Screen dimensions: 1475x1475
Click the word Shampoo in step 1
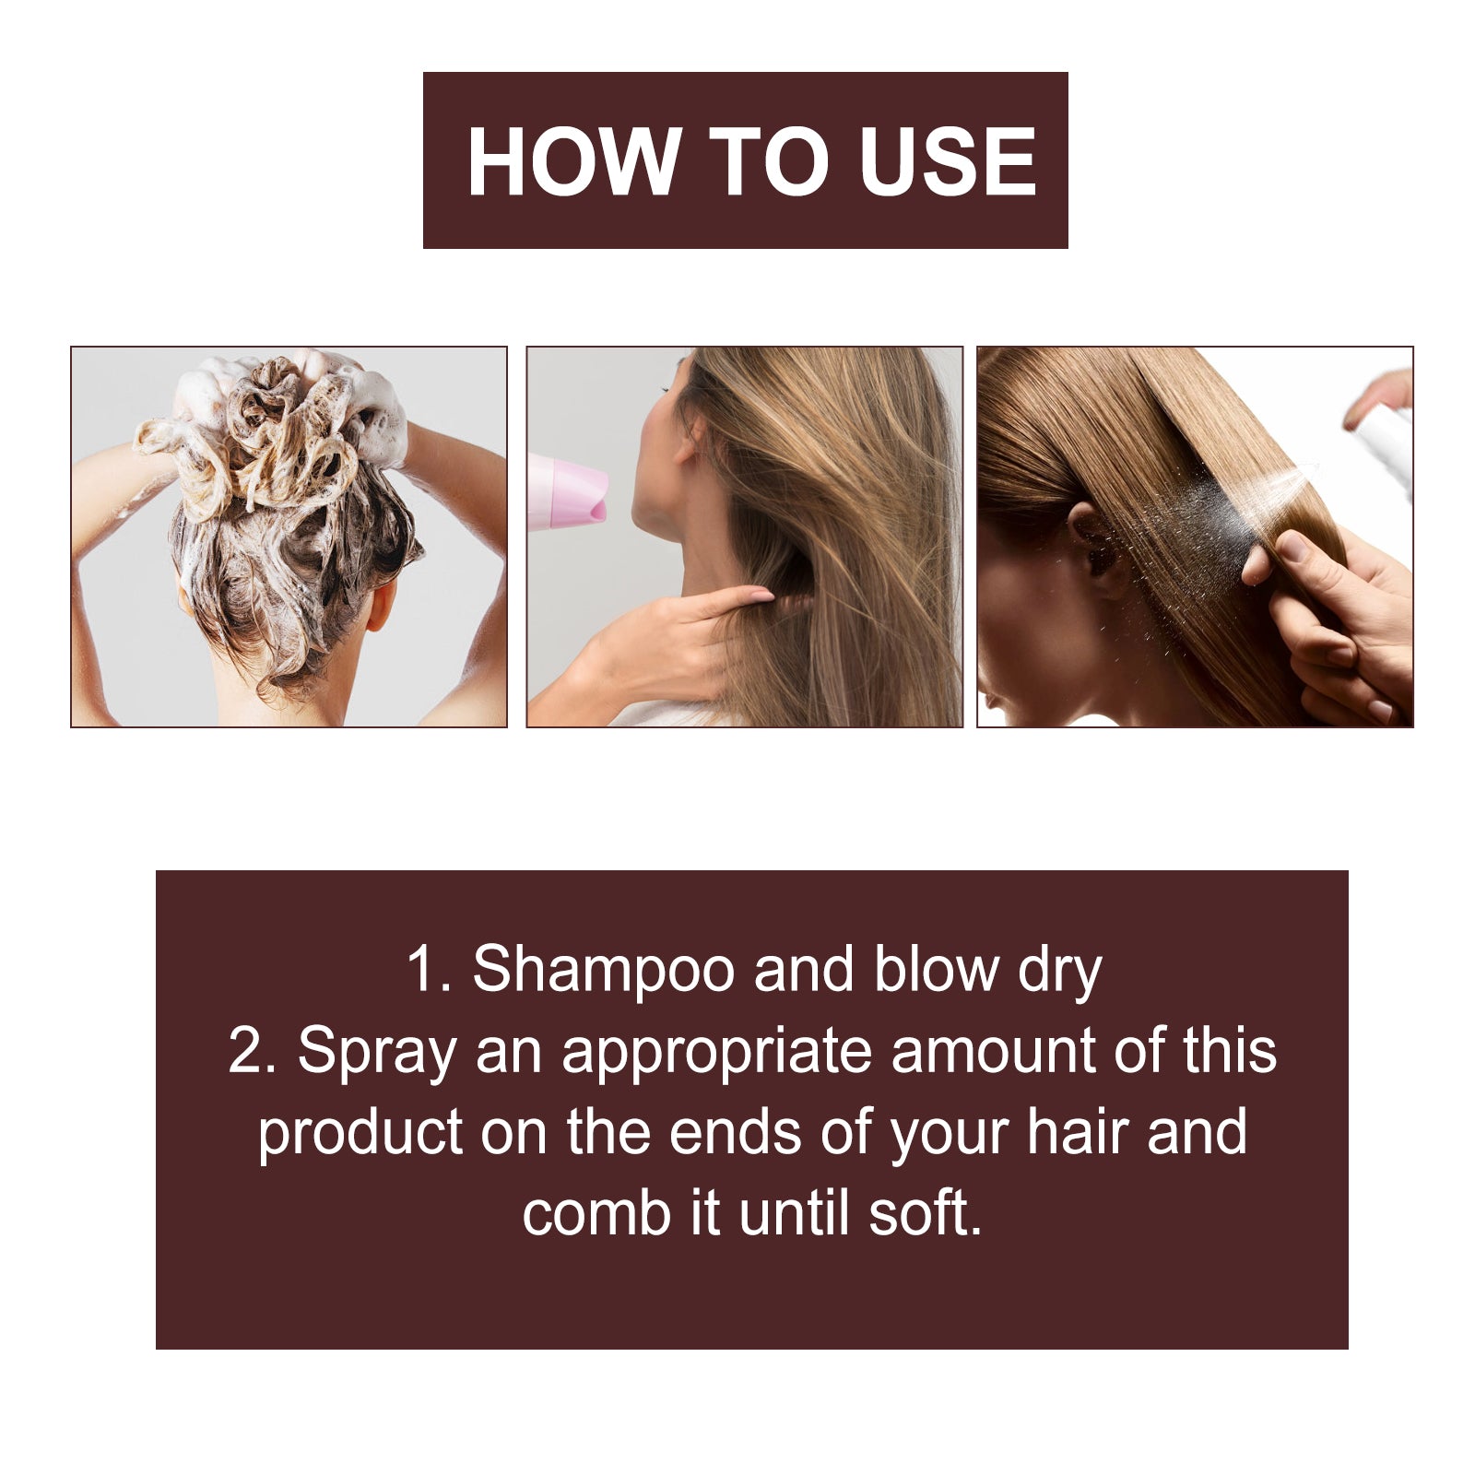tap(604, 970)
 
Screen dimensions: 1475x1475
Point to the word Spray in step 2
tap(376, 1053)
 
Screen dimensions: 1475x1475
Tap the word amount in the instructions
tap(992, 1051)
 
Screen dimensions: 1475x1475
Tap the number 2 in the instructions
tap(251, 1051)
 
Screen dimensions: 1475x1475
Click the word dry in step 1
tap(1059, 972)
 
